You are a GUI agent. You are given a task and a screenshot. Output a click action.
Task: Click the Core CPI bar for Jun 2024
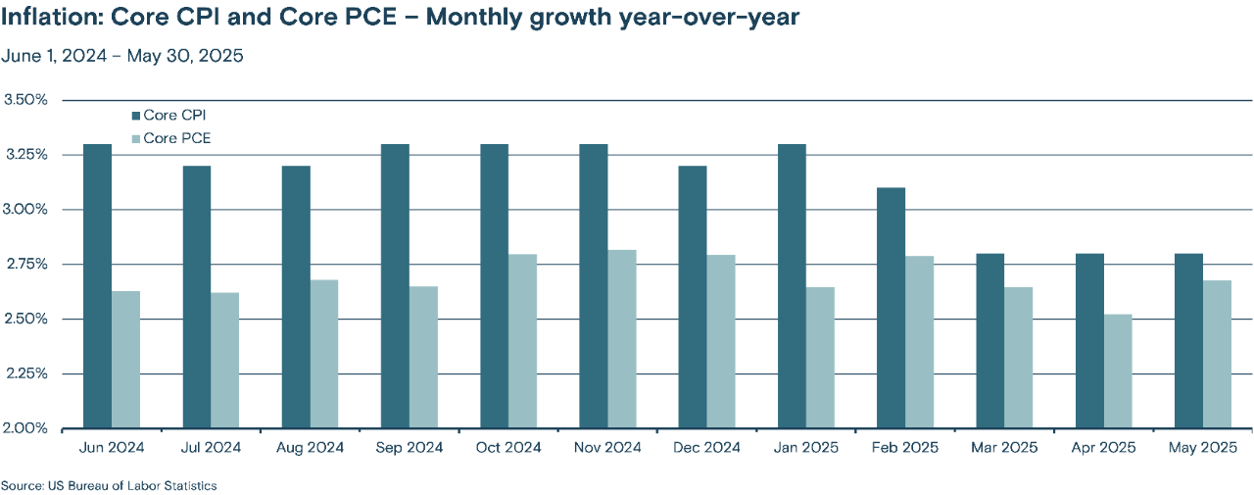(x=97, y=286)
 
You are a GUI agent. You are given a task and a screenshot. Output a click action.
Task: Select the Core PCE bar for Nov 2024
(x=622, y=339)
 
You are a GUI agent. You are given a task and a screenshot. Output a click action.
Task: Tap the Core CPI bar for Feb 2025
(x=891, y=308)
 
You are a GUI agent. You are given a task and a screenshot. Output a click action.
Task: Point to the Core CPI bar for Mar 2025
(x=989, y=341)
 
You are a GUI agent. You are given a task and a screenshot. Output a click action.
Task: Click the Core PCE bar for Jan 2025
(x=820, y=358)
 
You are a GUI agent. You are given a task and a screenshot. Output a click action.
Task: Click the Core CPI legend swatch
(x=135, y=116)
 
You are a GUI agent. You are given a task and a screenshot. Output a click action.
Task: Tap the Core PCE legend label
(x=176, y=138)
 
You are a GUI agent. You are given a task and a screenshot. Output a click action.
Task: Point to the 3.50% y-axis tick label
(x=25, y=100)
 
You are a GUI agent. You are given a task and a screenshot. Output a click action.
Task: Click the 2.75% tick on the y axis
(x=25, y=265)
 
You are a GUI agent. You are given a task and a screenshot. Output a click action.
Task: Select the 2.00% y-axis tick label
(x=25, y=428)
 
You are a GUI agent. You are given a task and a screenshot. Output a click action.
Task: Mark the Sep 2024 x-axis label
(x=409, y=448)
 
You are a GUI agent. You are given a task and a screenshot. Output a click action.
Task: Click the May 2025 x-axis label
(x=1203, y=448)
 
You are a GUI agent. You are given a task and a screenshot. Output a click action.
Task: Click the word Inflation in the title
(x=49, y=18)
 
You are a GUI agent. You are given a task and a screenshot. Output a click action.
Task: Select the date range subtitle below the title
(x=122, y=56)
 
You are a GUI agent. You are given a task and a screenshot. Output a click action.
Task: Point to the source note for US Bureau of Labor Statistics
(x=109, y=485)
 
